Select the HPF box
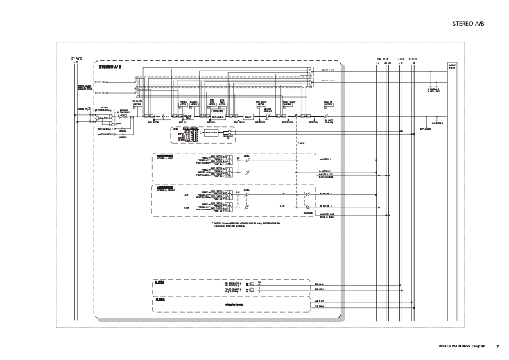[x=157, y=116]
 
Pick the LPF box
[x=166, y=116]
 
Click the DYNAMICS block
[x=218, y=116]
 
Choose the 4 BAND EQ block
[x=189, y=116]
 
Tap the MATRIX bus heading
[x=383, y=58]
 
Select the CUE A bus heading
[x=401, y=58]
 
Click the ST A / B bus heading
[x=76, y=58]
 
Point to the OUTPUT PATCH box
[x=453, y=67]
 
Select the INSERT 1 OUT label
[x=327, y=71]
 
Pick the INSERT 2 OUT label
[x=327, y=81]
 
